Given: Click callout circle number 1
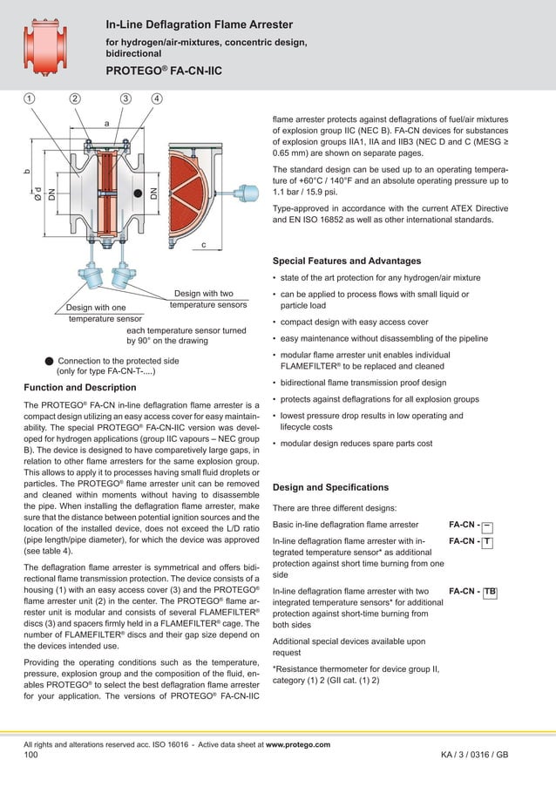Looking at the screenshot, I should click(x=30, y=98).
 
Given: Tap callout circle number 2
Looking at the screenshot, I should click(x=76, y=98).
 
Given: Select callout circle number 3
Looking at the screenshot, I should click(x=126, y=98).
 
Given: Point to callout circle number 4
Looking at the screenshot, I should click(x=156, y=98).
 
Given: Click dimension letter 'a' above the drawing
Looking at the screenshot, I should click(x=106, y=124).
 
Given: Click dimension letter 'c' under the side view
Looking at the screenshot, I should click(x=203, y=245).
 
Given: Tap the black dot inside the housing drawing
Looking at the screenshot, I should click(x=137, y=187).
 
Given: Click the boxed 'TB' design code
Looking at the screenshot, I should click(x=490, y=592).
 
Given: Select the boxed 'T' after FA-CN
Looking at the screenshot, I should click(x=487, y=542).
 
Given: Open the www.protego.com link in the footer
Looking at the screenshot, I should click(x=297, y=744).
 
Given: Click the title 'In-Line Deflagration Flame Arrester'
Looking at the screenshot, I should click(x=199, y=24).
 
